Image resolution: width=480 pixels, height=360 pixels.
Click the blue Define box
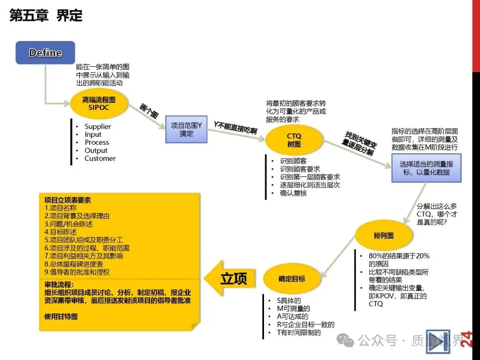coord(45,53)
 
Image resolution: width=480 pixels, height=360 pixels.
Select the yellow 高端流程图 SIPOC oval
coord(99,104)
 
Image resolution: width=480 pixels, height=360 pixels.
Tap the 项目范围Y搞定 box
coord(187,129)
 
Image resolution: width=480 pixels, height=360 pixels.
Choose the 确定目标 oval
coord(292,279)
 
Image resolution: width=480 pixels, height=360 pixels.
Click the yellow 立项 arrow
coord(230,279)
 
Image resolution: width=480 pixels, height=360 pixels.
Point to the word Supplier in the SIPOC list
coord(98,127)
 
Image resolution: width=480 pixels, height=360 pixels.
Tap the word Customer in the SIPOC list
coord(100,159)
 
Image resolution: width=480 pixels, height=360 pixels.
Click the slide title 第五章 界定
coord(46,16)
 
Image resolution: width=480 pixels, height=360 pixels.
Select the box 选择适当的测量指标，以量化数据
coord(426,168)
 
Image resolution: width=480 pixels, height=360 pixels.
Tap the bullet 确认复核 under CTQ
coord(293,193)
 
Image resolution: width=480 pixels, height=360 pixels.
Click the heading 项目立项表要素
coord(68,200)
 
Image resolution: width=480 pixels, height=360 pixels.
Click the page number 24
coord(466,338)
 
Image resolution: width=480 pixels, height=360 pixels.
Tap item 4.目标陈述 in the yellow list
coord(61,232)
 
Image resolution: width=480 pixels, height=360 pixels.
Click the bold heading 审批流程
coord(59,284)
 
